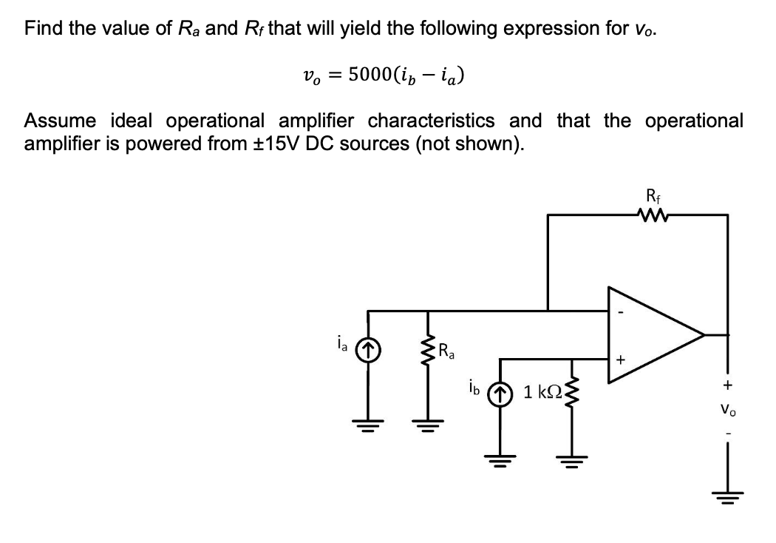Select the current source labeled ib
501,391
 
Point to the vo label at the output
728,408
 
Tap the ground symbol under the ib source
501,457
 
